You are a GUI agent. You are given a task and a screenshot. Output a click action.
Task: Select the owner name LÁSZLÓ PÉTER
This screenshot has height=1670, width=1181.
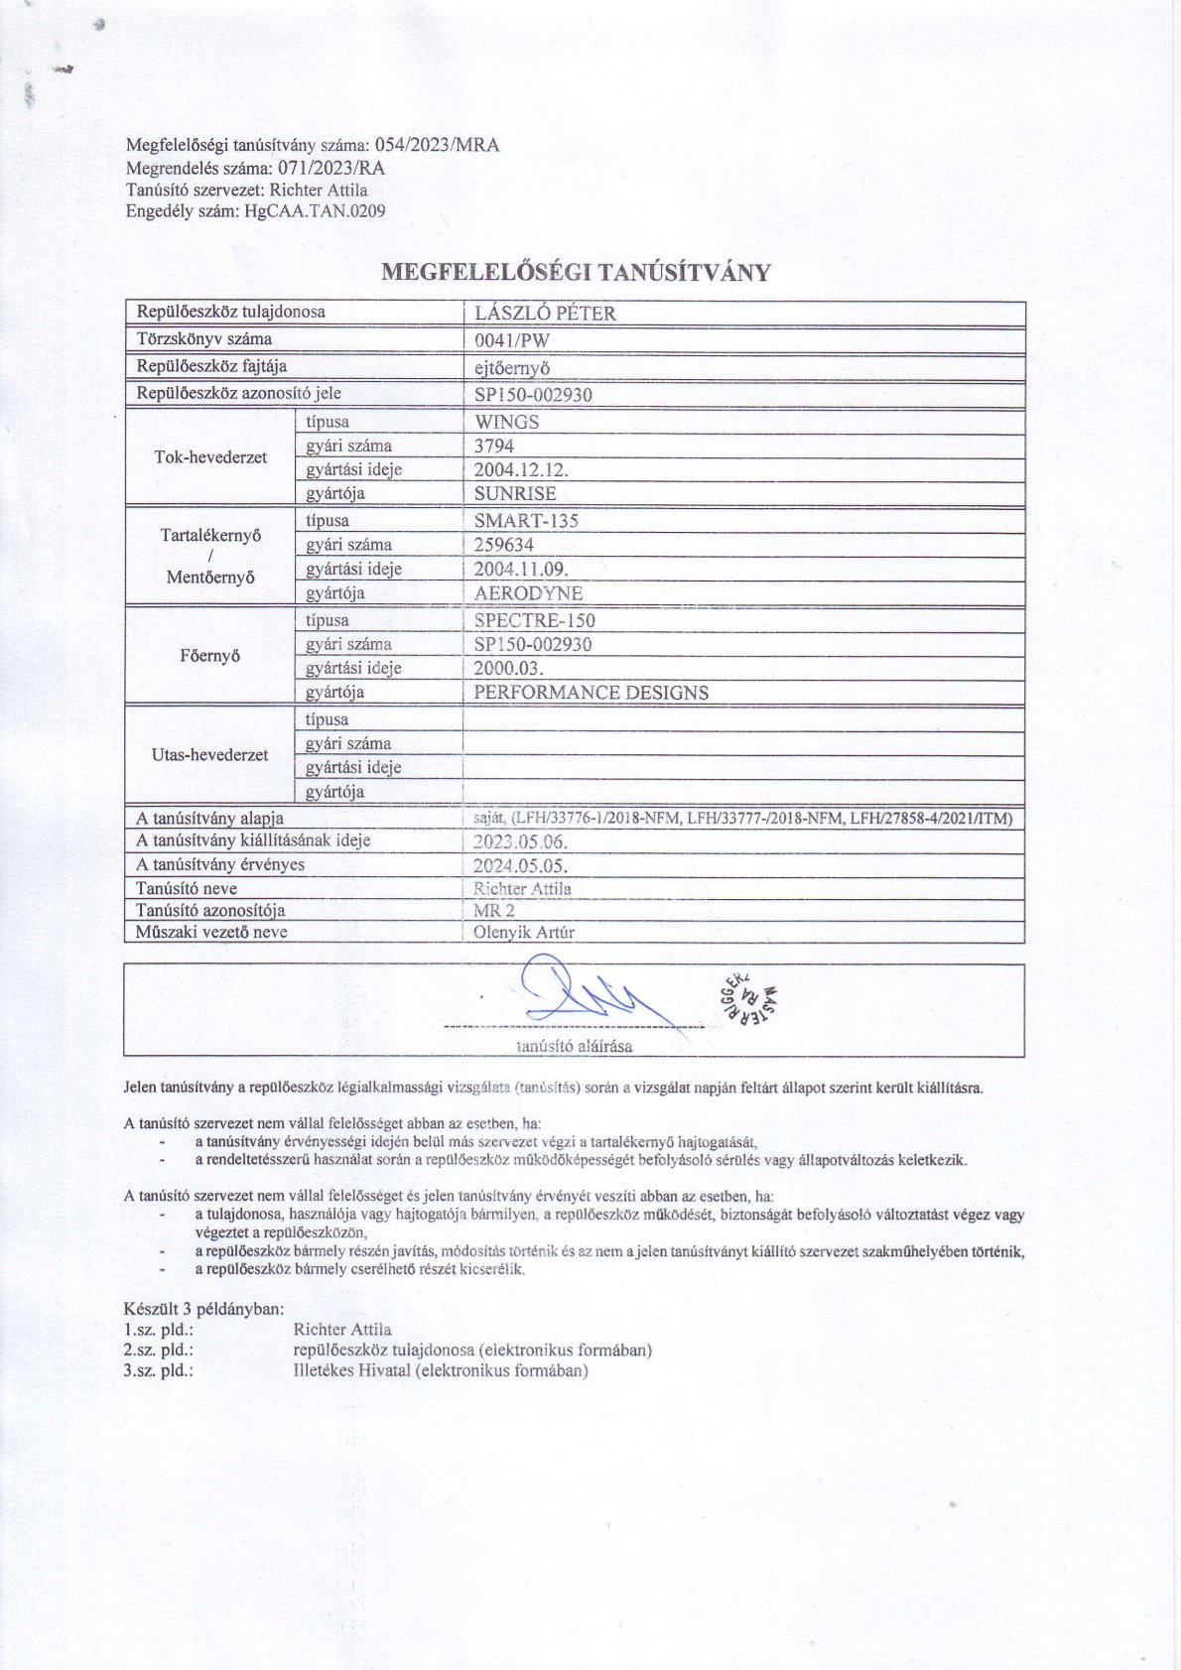tap(545, 314)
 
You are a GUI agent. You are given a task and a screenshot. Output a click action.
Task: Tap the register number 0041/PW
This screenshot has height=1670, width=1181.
tap(512, 340)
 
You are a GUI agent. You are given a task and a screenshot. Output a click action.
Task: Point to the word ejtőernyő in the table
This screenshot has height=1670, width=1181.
tap(513, 367)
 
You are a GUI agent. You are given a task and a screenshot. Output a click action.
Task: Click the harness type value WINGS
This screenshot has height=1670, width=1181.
tap(506, 422)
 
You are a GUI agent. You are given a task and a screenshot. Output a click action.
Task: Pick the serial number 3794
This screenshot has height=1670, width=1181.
tap(494, 447)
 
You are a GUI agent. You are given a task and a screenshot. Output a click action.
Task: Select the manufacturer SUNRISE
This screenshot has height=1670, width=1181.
tap(515, 494)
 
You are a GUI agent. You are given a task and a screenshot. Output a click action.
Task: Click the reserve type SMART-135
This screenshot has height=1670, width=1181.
tap(526, 521)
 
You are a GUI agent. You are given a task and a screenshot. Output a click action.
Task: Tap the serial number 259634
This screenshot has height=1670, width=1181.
tap(504, 545)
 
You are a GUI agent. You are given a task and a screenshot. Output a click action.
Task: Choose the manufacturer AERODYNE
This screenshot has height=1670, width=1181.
tap(528, 593)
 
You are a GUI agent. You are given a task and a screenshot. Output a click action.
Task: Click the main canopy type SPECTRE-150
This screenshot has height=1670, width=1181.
tap(535, 621)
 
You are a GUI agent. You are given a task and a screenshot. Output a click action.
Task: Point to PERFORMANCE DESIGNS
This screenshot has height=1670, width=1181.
tap(591, 693)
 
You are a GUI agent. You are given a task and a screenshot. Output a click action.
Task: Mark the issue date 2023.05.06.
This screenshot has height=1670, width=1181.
tap(521, 841)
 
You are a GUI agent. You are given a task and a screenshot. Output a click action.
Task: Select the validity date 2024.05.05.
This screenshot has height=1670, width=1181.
tap(521, 865)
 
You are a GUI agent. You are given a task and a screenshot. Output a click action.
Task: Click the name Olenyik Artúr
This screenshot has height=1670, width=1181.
tap(524, 933)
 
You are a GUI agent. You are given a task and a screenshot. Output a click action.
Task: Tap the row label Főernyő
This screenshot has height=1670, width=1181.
tap(210, 656)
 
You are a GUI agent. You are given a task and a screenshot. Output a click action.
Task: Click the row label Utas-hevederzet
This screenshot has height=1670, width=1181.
tap(210, 755)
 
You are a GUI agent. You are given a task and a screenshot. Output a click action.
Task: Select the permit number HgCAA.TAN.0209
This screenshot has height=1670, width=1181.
tap(314, 211)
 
